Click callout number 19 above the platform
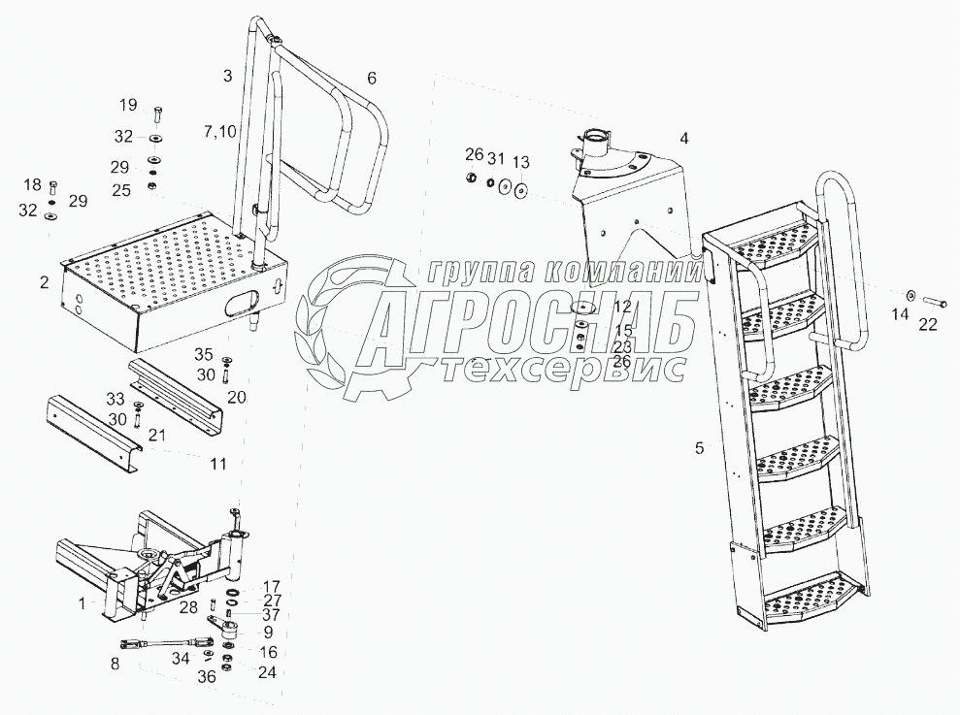(128, 105)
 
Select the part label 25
(122, 189)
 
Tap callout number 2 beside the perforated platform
(44, 283)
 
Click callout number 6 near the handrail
(372, 78)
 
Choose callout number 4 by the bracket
(683, 139)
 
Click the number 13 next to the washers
(521, 161)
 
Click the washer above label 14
(910, 294)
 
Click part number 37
(271, 613)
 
